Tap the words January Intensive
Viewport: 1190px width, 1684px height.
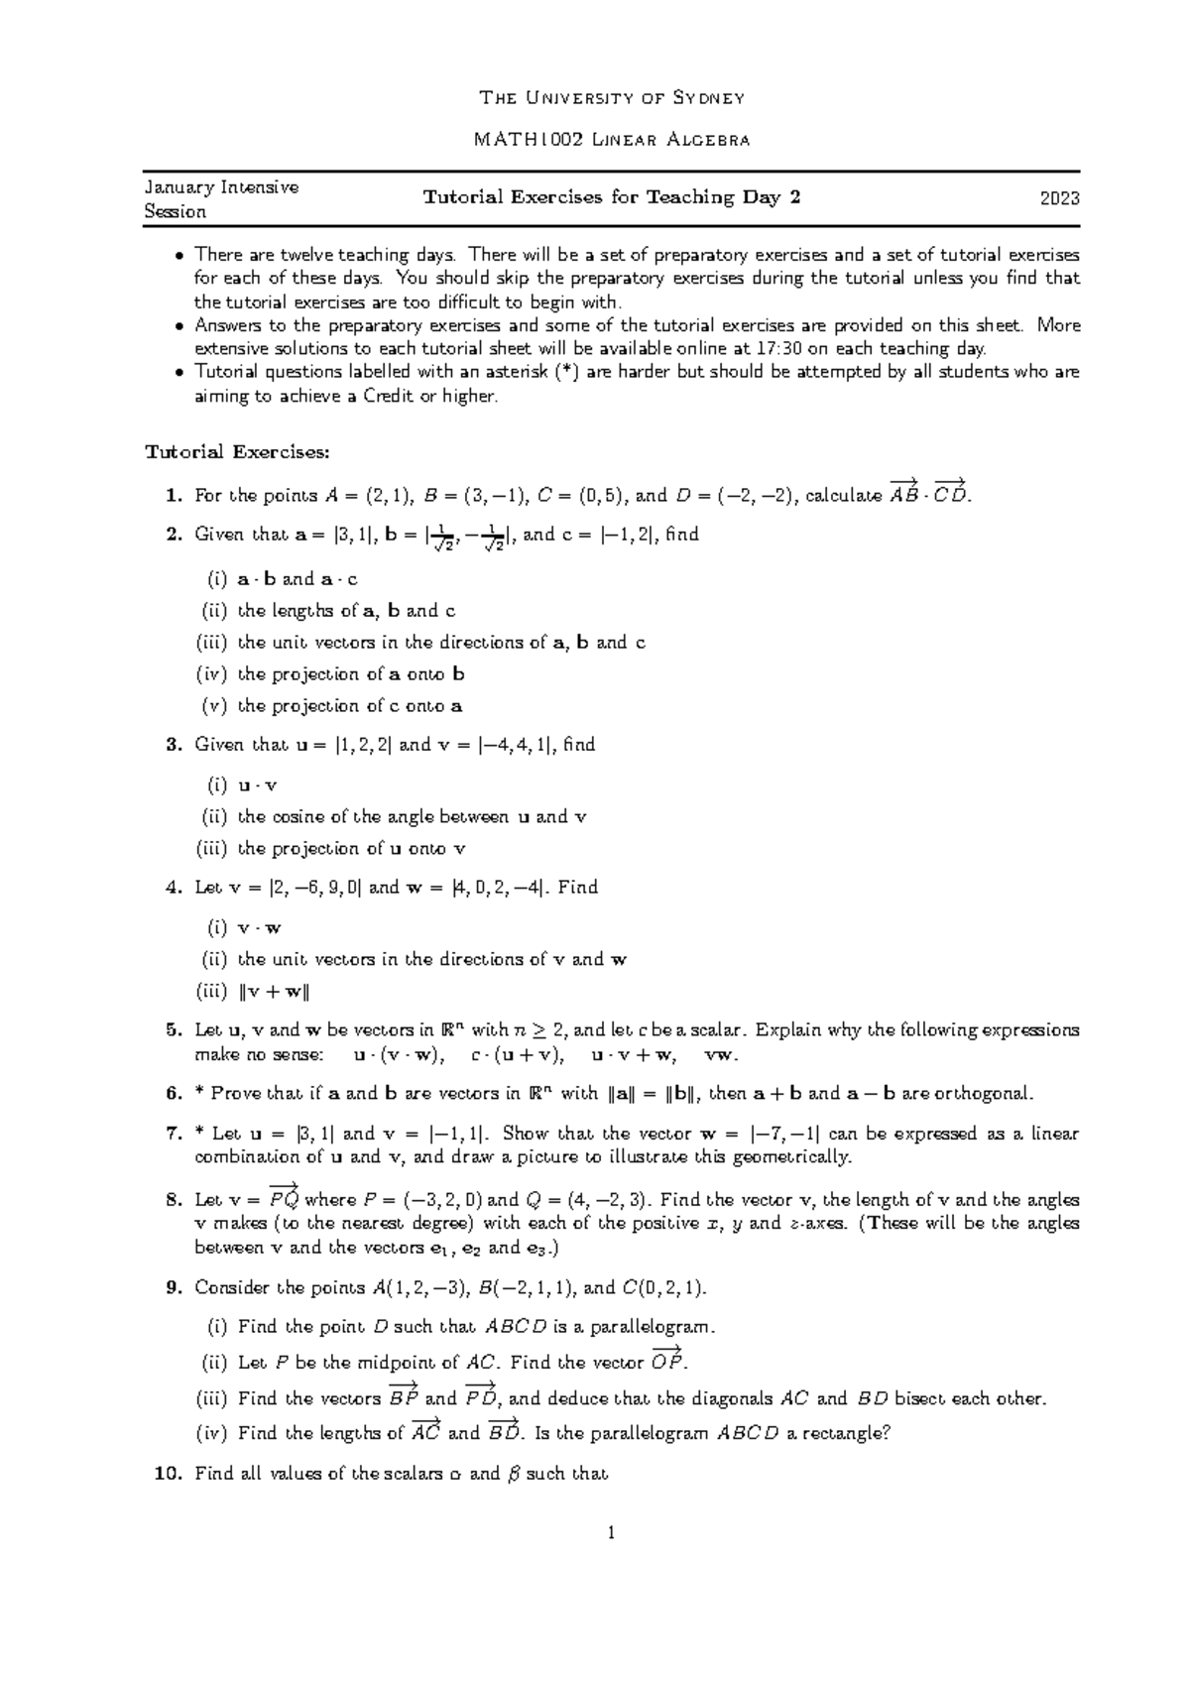tap(221, 186)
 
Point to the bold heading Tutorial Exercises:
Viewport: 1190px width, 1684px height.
tap(237, 452)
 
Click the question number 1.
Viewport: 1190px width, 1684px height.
tap(175, 495)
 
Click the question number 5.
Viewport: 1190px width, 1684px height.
tap(175, 1030)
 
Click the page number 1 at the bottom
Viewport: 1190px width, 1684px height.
tap(611, 1533)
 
